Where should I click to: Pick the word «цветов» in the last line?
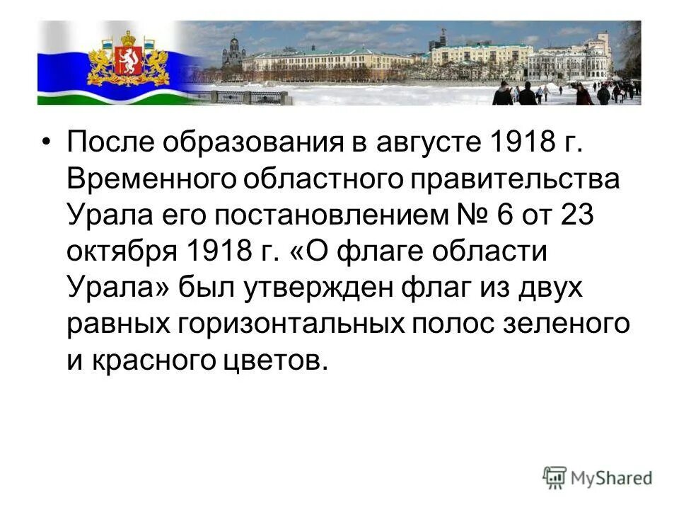pyautogui.click(x=270, y=361)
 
